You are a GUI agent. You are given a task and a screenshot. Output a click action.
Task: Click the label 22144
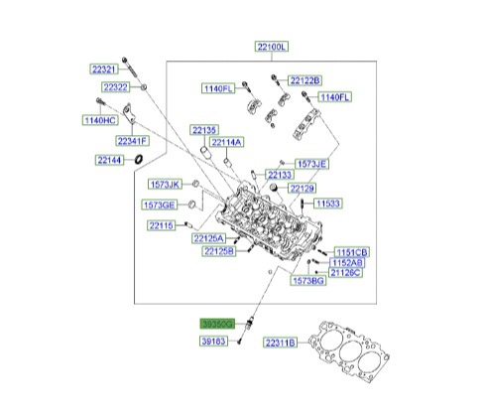click(x=111, y=159)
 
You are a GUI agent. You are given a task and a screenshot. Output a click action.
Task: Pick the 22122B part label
click(x=306, y=79)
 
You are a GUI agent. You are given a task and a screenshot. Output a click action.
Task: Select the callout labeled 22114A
click(x=226, y=142)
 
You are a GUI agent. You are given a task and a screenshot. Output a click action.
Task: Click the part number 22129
click(x=302, y=188)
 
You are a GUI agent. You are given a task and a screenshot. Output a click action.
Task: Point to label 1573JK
click(x=166, y=186)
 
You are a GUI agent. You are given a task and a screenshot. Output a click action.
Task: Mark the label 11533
click(x=328, y=204)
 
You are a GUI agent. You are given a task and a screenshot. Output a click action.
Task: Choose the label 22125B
click(x=219, y=252)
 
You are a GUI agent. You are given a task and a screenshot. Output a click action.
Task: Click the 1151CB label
click(x=350, y=252)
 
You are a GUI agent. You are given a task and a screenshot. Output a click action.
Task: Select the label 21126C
click(x=344, y=271)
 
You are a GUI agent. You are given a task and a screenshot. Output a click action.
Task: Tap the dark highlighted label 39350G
click(x=216, y=324)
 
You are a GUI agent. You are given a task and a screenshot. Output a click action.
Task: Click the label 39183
click(x=212, y=341)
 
